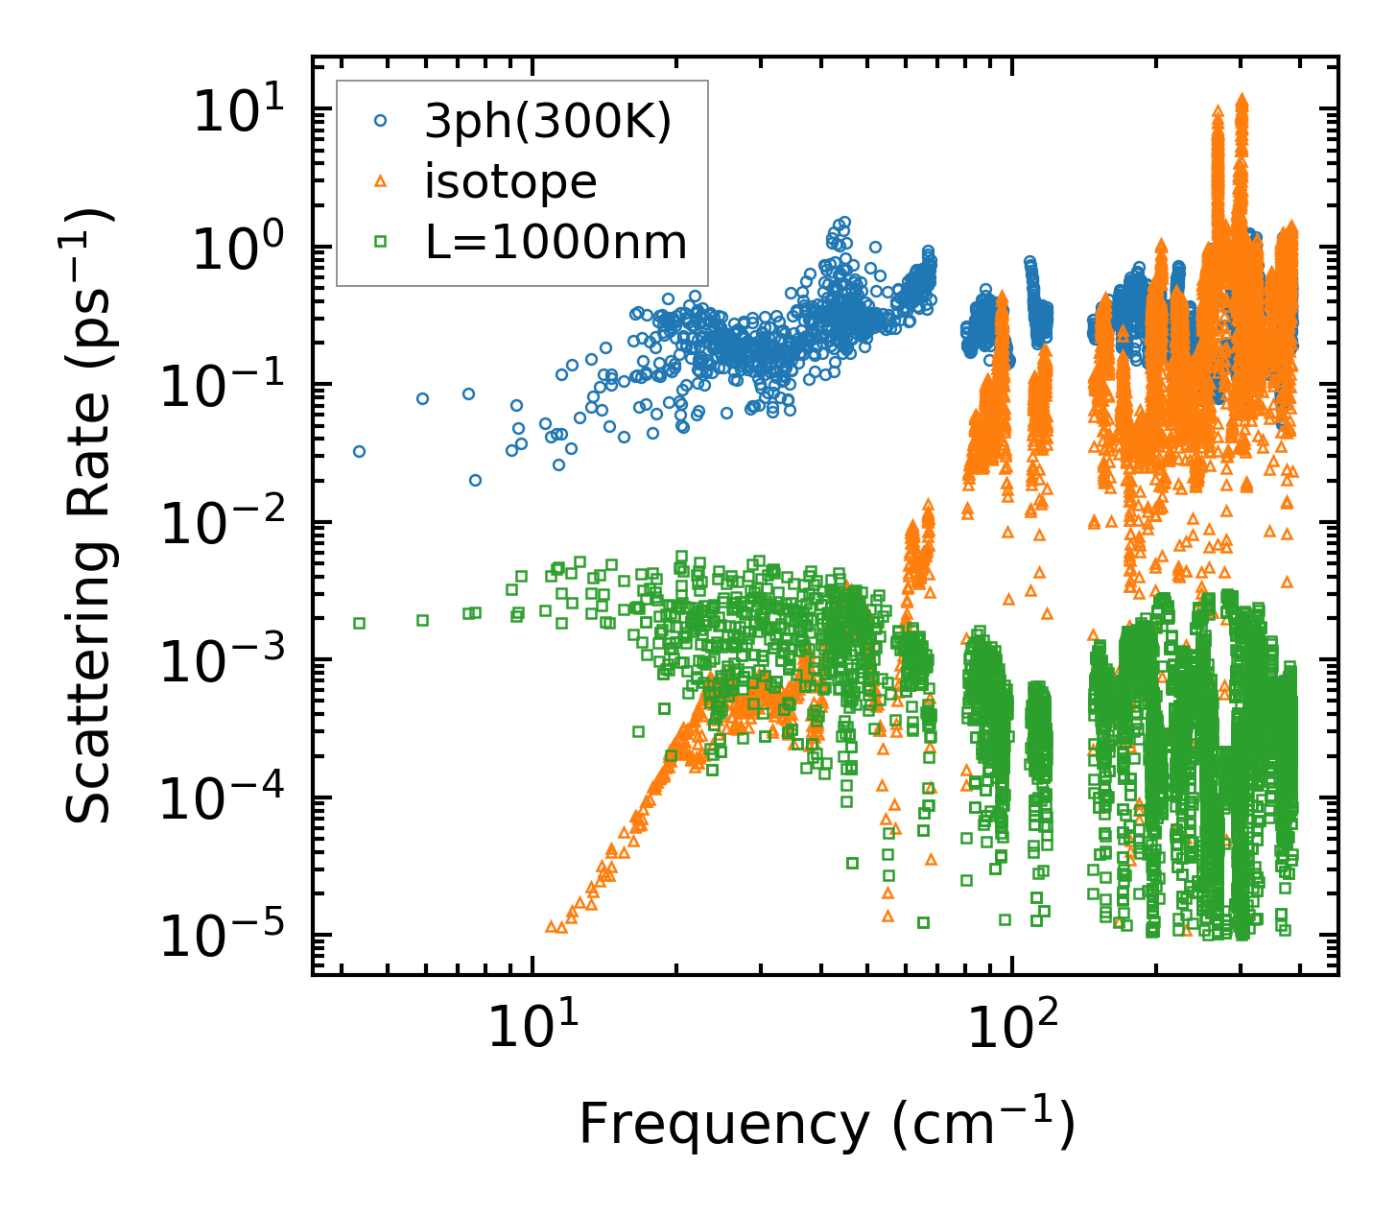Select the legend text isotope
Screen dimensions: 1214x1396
[x=510, y=181]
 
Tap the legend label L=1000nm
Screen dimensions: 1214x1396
[x=556, y=242]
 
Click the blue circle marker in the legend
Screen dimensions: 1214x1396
[x=382, y=121]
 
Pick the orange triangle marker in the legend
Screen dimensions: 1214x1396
[x=382, y=180]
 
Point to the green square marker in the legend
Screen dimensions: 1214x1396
[x=382, y=242]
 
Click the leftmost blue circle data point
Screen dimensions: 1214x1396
[x=359, y=451]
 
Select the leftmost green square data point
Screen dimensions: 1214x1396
[x=359, y=623]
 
